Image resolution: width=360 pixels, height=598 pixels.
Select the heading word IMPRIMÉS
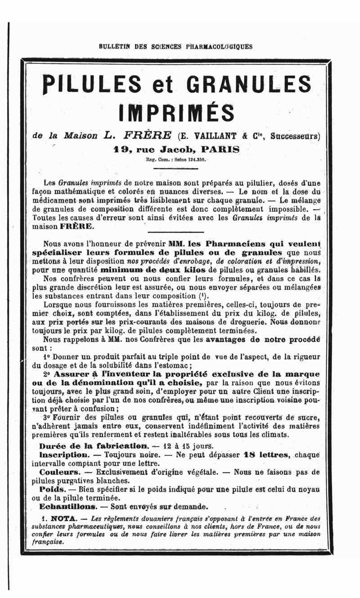click(x=176, y=112)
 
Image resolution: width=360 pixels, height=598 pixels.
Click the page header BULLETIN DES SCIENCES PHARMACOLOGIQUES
click(x=175, y=46)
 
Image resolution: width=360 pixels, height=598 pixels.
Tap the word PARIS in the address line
click(x=220, y=148)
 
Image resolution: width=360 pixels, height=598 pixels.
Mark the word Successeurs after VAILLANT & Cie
click(x=296, y=135)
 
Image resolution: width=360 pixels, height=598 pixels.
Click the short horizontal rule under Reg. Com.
click(x=175, y=168)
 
